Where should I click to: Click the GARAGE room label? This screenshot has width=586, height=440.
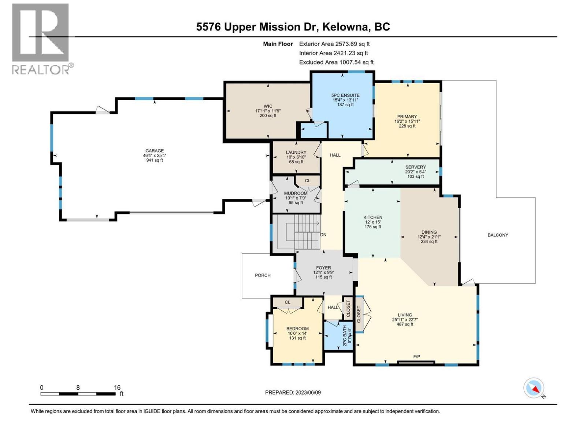(155, 151)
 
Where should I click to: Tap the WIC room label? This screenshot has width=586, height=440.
(268, 106)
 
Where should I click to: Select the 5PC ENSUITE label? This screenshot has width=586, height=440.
(345, 95)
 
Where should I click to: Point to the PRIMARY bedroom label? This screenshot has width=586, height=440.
(407, 117)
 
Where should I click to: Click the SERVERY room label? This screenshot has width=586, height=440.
(415, 167)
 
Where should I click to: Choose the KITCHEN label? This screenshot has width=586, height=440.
(372, 217)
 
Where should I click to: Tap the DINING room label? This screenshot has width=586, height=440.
(429, 232)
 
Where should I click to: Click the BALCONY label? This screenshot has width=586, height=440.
(498, 235)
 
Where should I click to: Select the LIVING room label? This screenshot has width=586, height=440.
(405, 315)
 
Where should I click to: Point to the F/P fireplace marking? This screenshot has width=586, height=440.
(416, 357)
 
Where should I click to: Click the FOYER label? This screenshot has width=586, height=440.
(323, 268)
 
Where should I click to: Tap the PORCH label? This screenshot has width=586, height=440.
(263, 275)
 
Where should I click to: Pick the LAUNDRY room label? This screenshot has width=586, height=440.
(296, 153)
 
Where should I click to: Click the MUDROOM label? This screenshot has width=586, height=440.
(296, 193)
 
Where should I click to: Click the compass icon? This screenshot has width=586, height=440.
(534, 388)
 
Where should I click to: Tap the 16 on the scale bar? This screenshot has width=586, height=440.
(117, 388)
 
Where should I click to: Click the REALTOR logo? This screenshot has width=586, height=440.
(41, 38)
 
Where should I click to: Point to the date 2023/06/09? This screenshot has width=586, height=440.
(308, 392)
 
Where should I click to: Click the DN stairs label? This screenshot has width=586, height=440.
(323, 235)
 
